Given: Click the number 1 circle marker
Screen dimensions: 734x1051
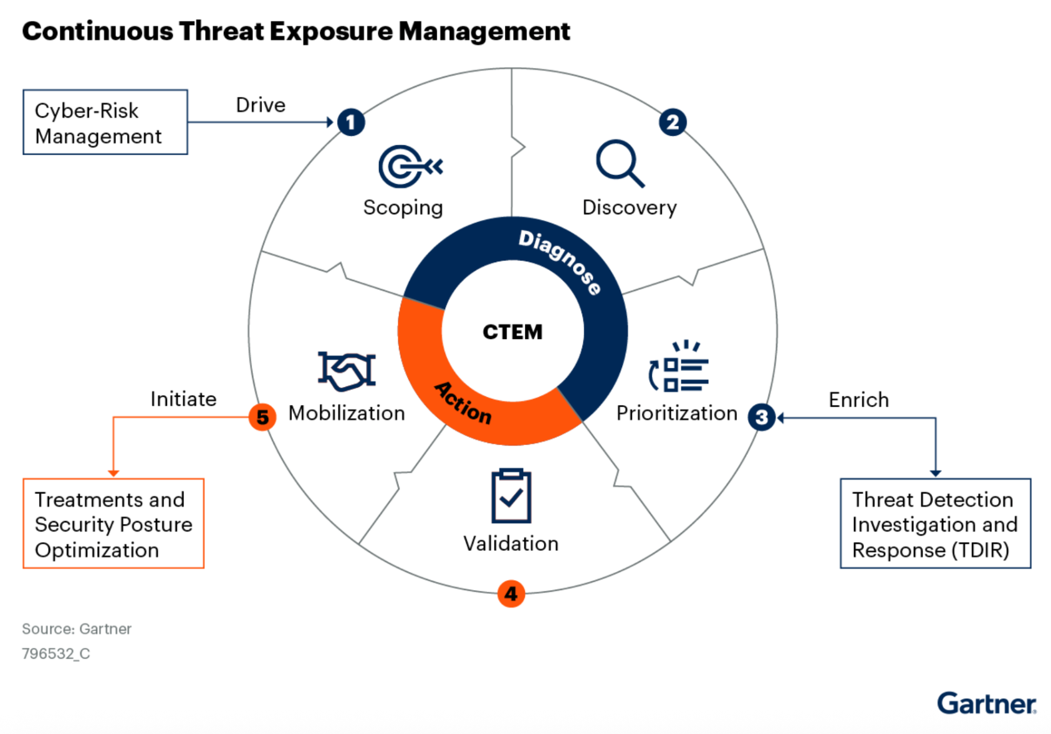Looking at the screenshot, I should pyautogui.click(x=351, y=122).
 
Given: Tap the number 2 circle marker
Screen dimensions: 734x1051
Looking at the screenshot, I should pyautogui.click(x=673, y=122).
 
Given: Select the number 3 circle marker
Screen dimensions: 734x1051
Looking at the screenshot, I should pyautogui.click(x=761, y=417).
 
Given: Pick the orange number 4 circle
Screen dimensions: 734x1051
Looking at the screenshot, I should pyautogui.click(x=511, y=594).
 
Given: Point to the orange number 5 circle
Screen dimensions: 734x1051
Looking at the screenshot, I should pyautogui.click(x=262, y=417).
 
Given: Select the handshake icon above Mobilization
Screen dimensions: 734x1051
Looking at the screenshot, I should pyautogui.click(x=347, y=371).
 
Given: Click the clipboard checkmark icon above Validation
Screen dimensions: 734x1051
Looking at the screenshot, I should pyautogui.click(x=511, y=496).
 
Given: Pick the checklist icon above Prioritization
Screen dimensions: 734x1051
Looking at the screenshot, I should pyautogui.click(x=679, y=367).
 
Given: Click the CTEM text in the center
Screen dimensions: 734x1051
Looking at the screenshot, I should pyautogui.click(x=512, y=332).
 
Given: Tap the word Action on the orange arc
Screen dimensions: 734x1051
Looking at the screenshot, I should pyautogui.click(x=463, y=403).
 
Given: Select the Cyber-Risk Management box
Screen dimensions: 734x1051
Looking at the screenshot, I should pyautogui.click(x=105, y=122).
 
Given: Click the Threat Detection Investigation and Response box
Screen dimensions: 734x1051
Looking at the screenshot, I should pyautogui.click(x=935, y=523).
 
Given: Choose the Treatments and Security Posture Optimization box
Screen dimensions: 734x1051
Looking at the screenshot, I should pyautogui.click(x=113, y=523).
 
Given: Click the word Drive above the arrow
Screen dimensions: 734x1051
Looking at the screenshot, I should pyautogui.click(x=261, y=105).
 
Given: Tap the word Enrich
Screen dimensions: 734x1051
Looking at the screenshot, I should pyautogui.click(x=858, y=400).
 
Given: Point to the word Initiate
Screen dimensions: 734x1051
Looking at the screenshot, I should pyautogui.click(x=183, y=399).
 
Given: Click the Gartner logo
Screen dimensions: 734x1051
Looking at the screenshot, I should pyautogui.click(x=986, y=703).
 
